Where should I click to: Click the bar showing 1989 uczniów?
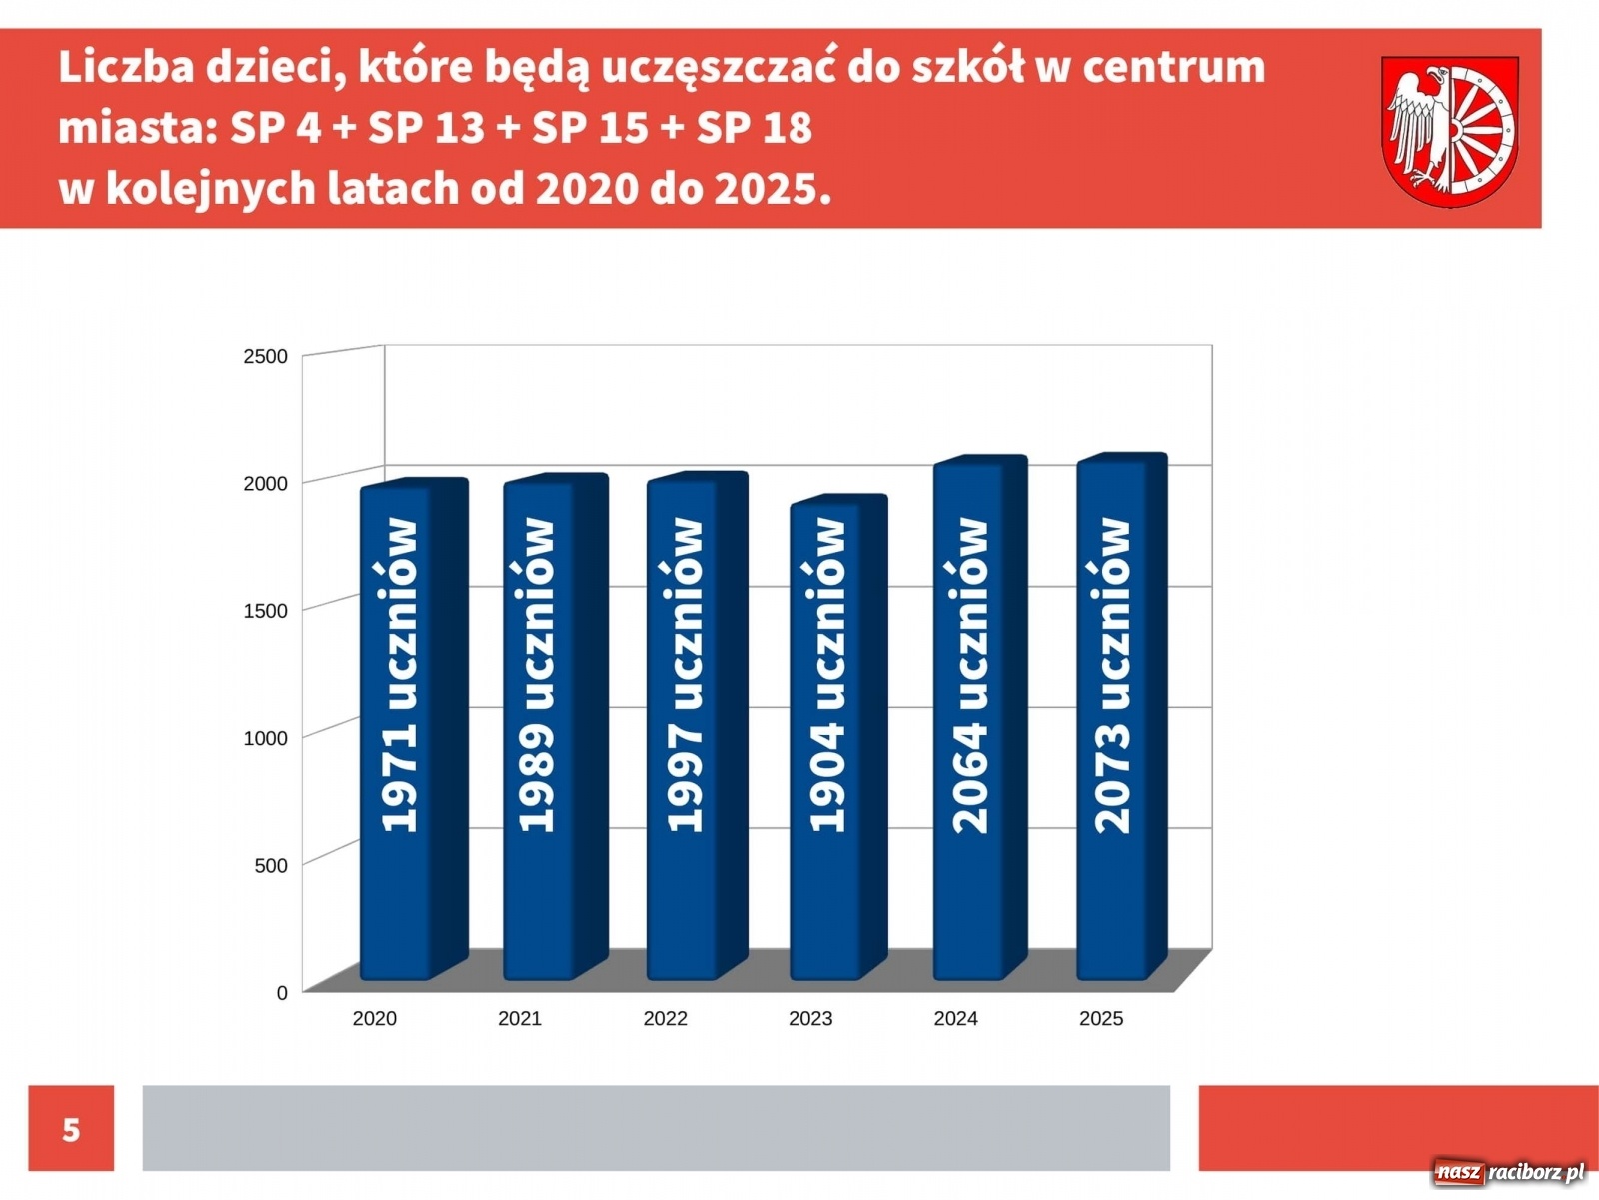click(539, 730)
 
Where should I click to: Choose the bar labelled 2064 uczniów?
click(968, 720)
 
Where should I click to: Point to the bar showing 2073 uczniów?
click(1111, 720)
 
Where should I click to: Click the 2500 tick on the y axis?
click(265, 356)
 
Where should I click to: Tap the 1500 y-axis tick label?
click(265, 610)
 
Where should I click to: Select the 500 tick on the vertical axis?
click(271, 865)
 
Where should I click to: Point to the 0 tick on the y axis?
click(282, 992)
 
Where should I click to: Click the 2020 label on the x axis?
click(375, 1018)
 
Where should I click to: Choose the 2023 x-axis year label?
click(810, 1018)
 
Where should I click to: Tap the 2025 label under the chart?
click(1101, 1018)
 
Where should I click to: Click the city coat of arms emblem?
click(1449, 130)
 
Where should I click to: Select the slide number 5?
click(71, 1129)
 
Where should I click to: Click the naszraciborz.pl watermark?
click(1509, 1172)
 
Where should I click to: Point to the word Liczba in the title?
click(125, 68)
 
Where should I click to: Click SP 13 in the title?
click(426, 128)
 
